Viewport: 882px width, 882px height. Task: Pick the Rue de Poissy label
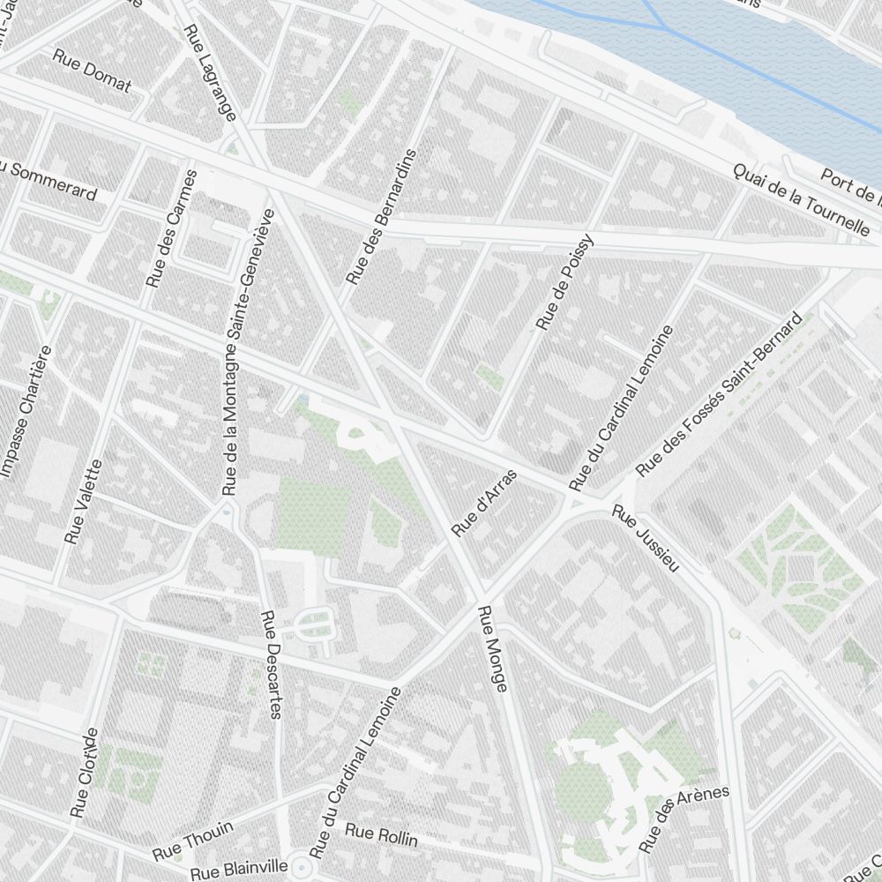coord(565,283)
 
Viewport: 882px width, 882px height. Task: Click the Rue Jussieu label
coord(646,538)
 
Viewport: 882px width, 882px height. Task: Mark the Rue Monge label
coord(491,648)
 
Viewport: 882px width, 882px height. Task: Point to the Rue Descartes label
coord(271,664)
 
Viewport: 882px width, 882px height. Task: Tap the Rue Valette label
coord(84,501)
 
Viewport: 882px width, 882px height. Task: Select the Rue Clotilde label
coord(83,774)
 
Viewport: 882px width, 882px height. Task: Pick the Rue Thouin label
coord(192,840)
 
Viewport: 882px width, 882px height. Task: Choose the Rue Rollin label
coord(380,834)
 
